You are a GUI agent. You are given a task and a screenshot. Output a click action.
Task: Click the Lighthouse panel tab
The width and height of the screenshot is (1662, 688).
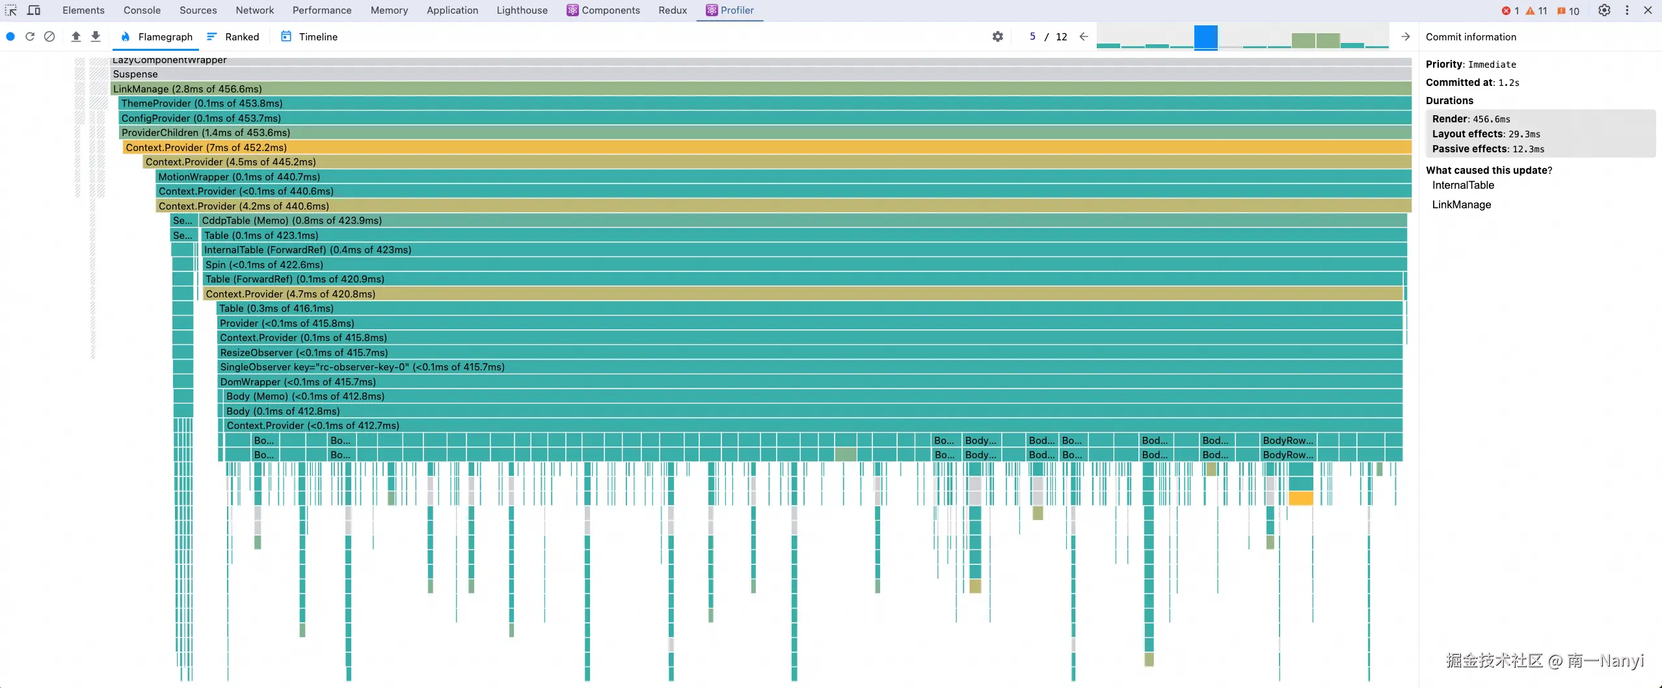click(x=522, y=10)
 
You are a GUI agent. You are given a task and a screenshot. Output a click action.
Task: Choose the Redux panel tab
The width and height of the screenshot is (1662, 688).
click(x=673, y=10)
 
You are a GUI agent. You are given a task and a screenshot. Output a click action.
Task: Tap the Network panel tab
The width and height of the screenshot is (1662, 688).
click(x=255, y=10)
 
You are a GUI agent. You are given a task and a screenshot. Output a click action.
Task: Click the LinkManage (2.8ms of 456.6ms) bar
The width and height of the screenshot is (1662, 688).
click(x=761, y=89)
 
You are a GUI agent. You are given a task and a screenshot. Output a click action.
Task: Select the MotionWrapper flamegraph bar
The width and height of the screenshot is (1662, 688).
click(x=781, y=177)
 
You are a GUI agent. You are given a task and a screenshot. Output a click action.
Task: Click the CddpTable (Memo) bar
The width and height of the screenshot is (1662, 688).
click(x=800, y=221)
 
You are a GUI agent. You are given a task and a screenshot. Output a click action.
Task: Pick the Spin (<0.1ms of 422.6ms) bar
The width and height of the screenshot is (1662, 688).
click(x=800, y=265)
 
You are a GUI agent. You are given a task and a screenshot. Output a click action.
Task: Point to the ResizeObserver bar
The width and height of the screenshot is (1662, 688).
click(x=807, y=353)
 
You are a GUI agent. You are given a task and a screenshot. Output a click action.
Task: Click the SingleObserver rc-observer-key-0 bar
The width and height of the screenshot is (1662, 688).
click(x=807, y=367)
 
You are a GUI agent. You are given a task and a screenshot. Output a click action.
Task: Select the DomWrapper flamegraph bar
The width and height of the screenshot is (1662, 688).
click(x=807, y=382)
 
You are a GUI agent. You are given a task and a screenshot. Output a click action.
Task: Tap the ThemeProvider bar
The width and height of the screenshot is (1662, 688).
click(x=761, y=103)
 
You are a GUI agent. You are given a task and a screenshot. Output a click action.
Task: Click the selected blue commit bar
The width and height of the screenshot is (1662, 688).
click(x=1205, y=37)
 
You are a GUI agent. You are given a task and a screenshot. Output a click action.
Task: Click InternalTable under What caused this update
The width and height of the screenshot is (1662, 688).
click(x=1463, y=186)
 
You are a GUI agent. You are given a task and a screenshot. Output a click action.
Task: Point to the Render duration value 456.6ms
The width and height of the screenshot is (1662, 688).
click(x=1492, y=119)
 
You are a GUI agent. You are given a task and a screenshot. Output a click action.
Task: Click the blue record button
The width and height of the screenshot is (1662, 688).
click(x=10, y=37)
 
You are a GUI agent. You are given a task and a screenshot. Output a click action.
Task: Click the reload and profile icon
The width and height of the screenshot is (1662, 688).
click(x=30, y=37)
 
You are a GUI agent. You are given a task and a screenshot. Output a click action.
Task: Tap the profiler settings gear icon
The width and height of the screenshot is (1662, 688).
click(x=997, y=37)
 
